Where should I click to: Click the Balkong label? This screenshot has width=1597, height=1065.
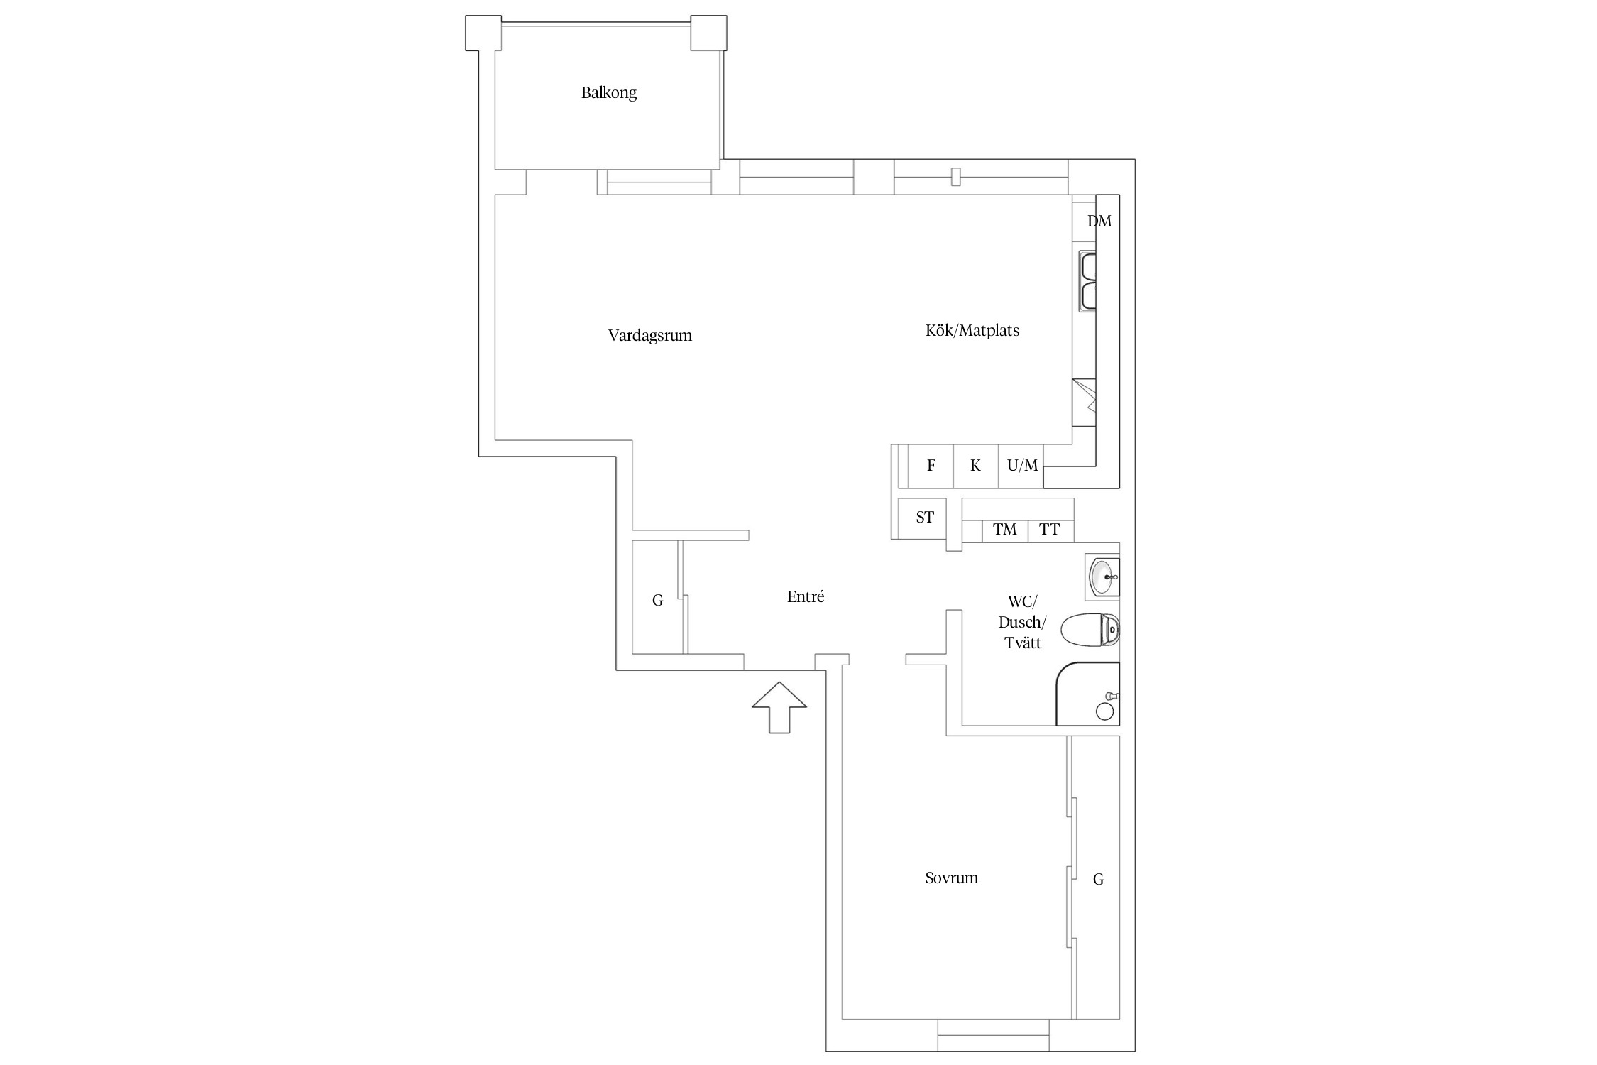click(609, 93)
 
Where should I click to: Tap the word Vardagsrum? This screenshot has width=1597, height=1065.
click(650, 336)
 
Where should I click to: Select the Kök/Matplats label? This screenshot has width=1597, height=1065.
click(972, 331)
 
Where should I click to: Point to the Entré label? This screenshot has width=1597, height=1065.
click(806, 597)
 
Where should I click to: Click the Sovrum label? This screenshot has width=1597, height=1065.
click(952, 878)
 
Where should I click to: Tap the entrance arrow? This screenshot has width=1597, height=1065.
click(779, 707)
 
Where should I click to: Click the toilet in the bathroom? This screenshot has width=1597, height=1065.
click(1090, 630)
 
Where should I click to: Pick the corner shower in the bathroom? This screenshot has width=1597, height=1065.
click(1088, 694)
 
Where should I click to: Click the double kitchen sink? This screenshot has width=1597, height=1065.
click(1087, 280)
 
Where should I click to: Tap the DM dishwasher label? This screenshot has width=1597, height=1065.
click(1099, 222)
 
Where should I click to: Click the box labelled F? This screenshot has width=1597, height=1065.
click(931, 466)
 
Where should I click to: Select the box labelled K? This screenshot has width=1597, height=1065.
click(976, 466)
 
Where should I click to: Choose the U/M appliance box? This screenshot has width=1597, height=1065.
click(1021, 466)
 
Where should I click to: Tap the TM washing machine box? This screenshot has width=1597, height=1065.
click(1005, 530)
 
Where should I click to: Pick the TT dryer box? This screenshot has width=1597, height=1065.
click(1051, 530)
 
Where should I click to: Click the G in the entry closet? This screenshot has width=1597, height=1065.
click(658, 601)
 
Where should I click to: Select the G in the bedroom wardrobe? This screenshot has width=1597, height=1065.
click(1098, 880)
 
